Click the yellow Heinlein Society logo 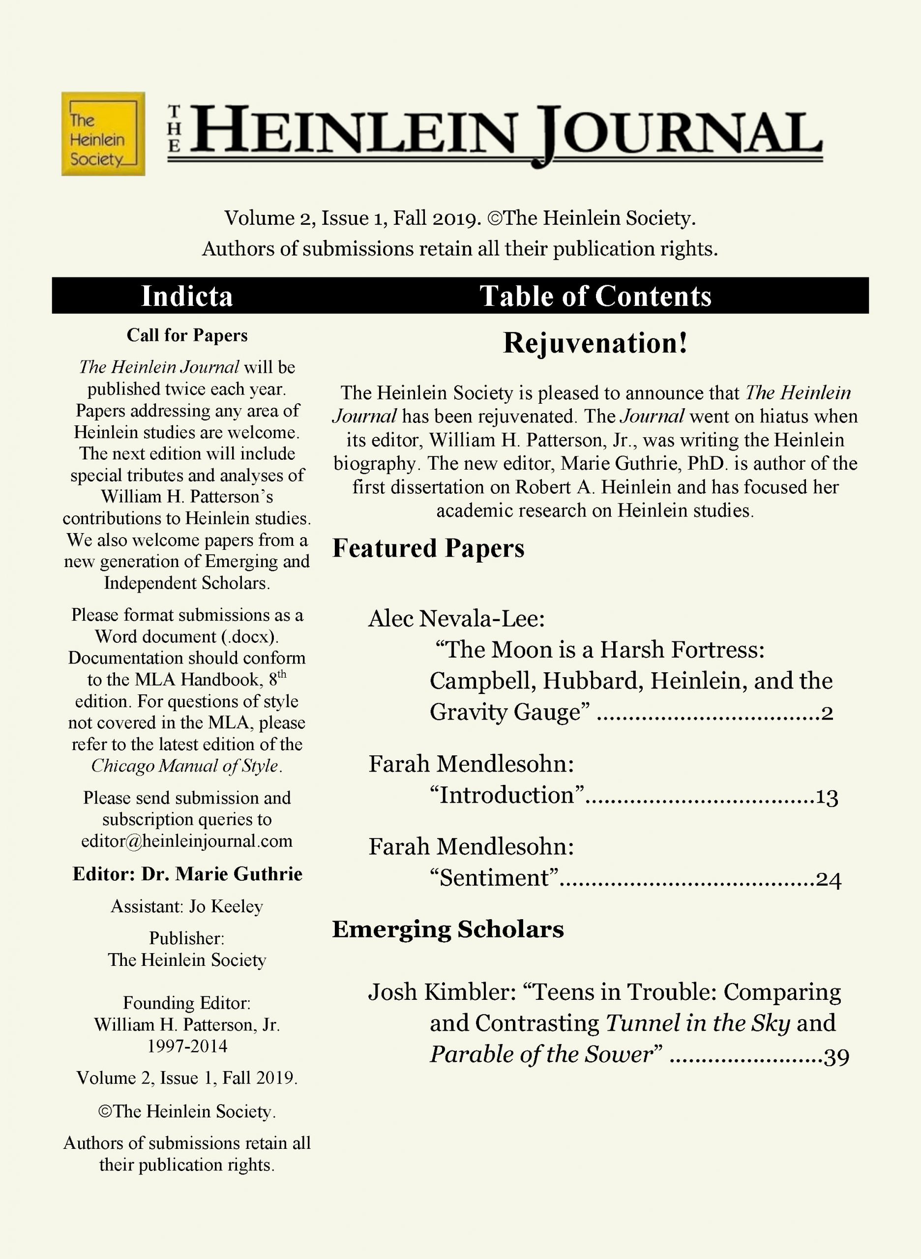click(103, 134)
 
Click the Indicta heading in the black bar click(187, 296)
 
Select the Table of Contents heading click(595, 296)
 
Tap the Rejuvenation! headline click(595, 342)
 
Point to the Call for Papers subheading click(187, 335)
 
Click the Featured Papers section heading click(428, 548)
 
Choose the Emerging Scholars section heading click(447, 929)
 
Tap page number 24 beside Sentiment click(829, 880)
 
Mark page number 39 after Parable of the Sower click(836, 1056)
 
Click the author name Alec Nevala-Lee click(456, 618)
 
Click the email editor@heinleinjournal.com click(187, 841)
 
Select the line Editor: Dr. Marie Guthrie click(187, 874)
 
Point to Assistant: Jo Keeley click(187, 906)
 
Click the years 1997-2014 click(187, 1046)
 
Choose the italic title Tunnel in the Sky click(697, 1023)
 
